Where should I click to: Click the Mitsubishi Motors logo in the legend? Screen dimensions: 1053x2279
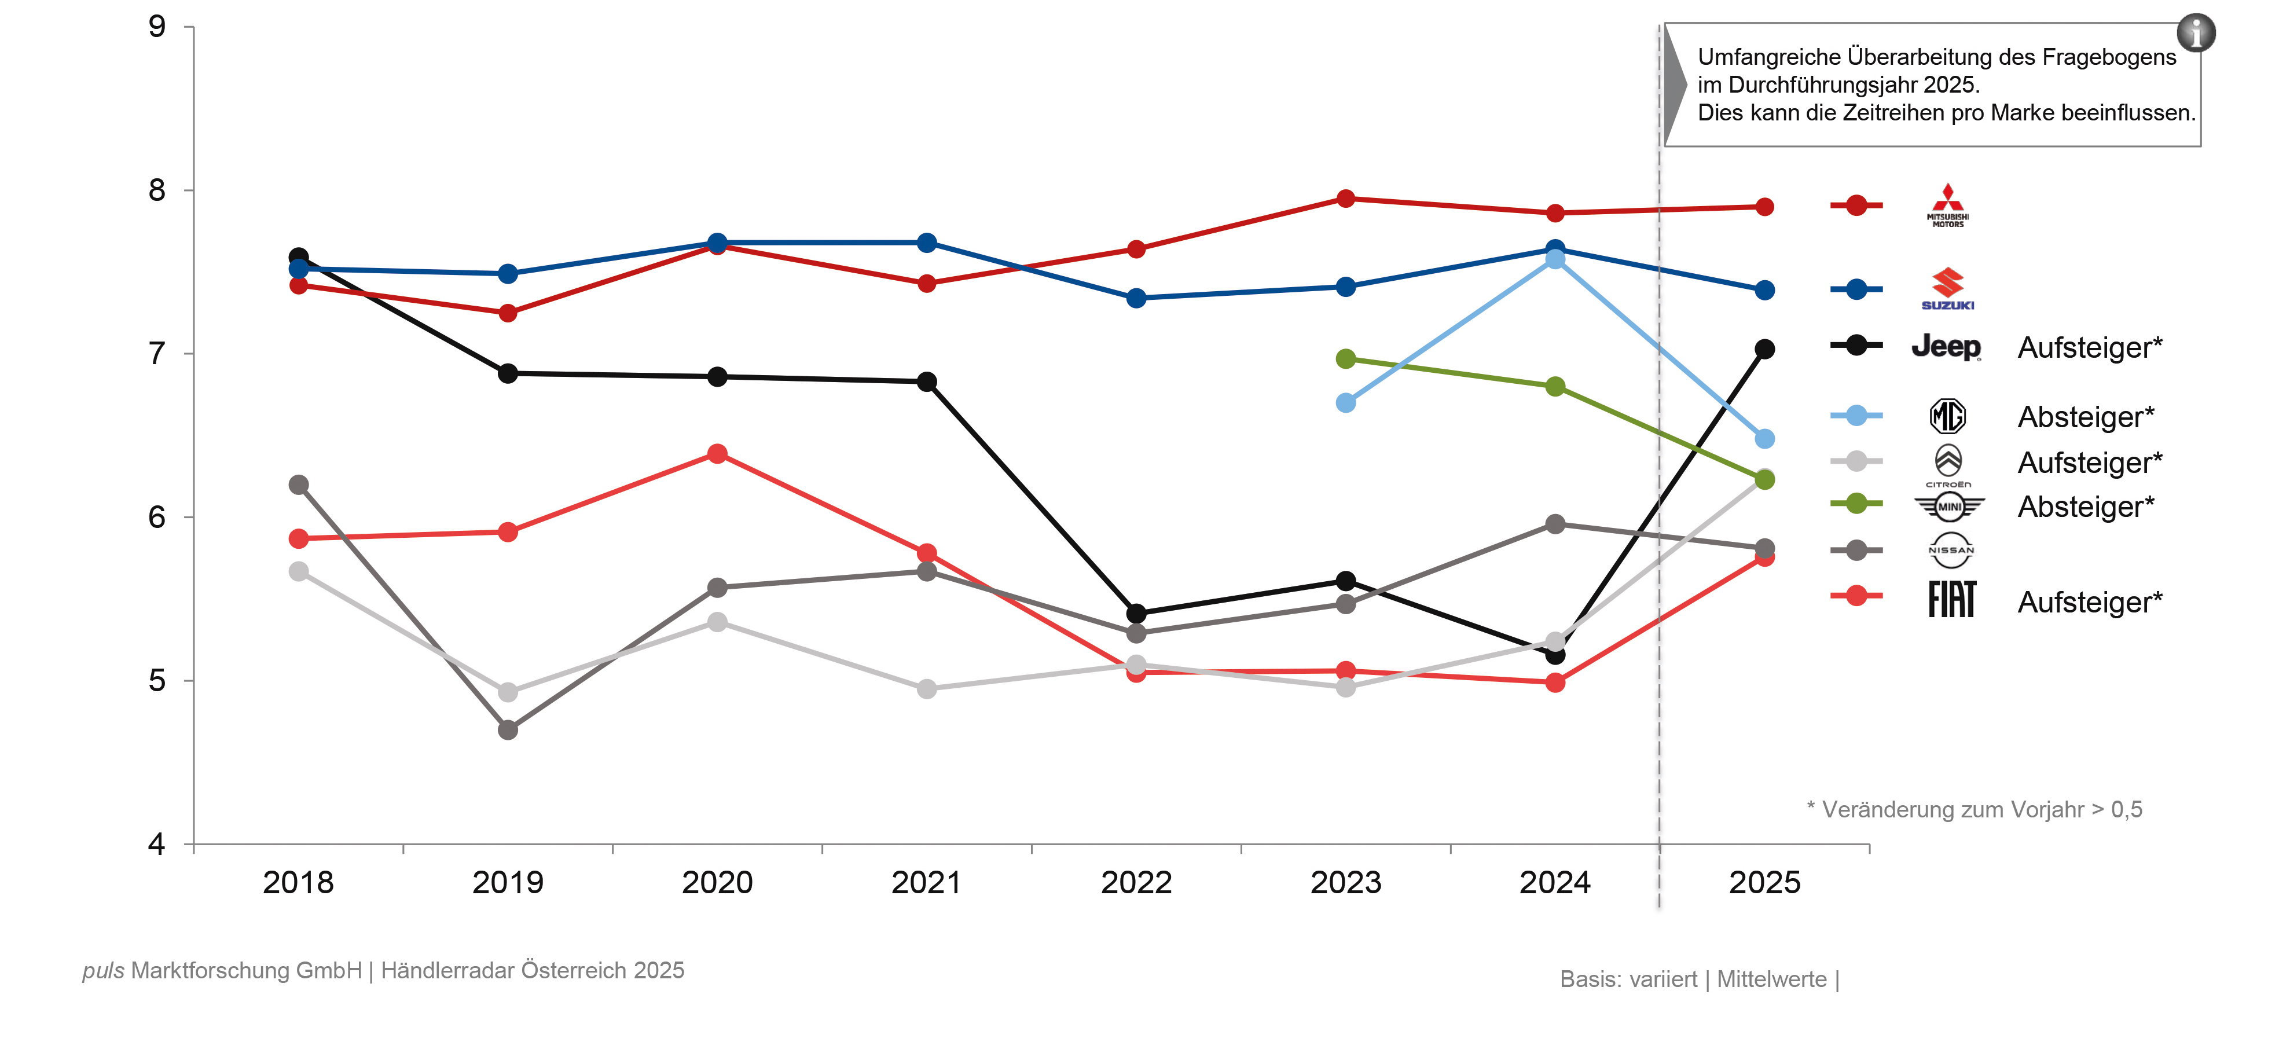[1947, 206]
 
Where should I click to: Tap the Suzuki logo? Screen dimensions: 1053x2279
[1947, 288]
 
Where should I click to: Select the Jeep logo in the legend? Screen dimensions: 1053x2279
[1946, 346]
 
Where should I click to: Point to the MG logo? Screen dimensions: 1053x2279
[1947, 416]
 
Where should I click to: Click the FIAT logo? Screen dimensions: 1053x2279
[1952, 600]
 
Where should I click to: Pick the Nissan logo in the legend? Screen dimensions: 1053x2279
[1950, 551]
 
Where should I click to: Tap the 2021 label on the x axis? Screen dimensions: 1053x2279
[926, 882]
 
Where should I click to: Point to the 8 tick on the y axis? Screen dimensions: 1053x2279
[157, 190]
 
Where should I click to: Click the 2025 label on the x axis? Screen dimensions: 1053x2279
[1764, 882]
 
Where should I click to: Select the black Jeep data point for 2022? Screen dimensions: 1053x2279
[1136, 613]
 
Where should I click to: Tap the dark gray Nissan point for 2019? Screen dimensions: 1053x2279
[508, 730]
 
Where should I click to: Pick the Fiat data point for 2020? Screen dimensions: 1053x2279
[717, 454]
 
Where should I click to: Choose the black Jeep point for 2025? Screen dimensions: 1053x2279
[1764, 348]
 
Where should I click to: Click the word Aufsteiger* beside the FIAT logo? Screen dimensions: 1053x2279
[2090, 601]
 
